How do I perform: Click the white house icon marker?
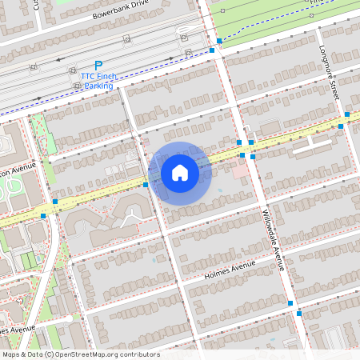coord(180,172)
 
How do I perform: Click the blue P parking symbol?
coord(98,66)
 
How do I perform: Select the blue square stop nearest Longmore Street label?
coord(341,126)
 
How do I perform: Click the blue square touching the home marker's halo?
coord(146,185)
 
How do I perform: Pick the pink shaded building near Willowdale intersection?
coord(241,170)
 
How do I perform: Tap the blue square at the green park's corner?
coord(219,40)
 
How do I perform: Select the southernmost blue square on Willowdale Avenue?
coord(299,314)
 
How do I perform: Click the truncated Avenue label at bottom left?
coord(18,329)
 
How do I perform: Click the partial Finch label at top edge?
coord(321,2)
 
